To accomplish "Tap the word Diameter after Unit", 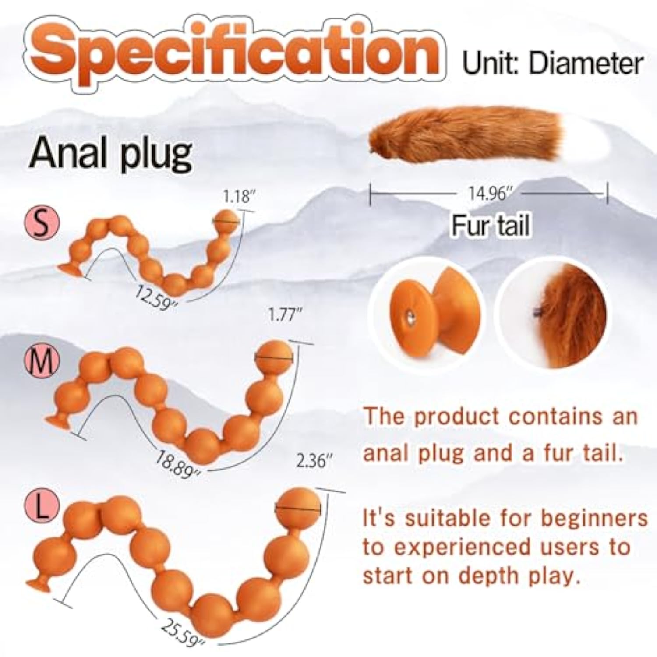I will pyautogui.click(x=586, y=64).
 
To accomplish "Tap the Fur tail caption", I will pyautogui.click(x=491, y=226).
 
